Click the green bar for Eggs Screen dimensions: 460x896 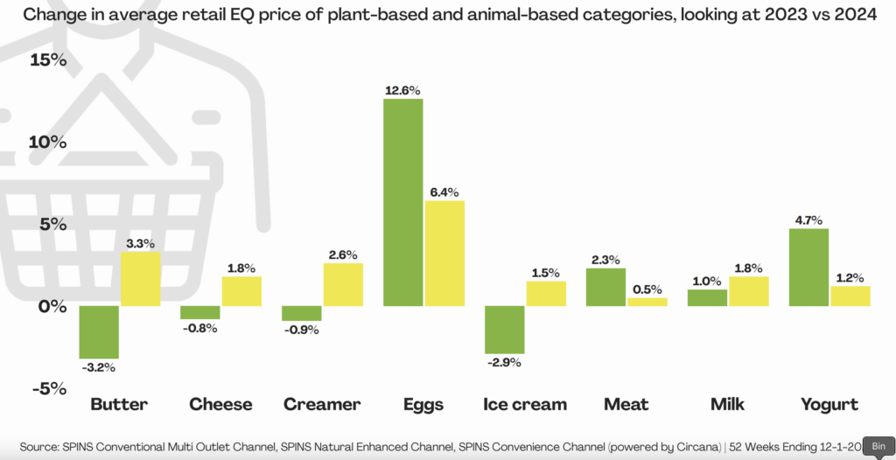point(402,202)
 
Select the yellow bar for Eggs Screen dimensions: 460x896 point(444,253)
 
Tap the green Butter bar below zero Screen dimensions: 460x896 point(100,331)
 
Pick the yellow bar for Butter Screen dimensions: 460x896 point(140,278)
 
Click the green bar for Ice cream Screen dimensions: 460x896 point(504,328)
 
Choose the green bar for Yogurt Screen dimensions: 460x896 point(809,267)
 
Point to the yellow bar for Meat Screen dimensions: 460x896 point(647,302)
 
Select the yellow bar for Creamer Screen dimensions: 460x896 point(343,284)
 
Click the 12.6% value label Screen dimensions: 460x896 point(402,90)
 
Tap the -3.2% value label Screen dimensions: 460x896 point(100,367)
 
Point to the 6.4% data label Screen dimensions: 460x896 point(444,192)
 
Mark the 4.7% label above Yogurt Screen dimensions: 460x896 point(808,220)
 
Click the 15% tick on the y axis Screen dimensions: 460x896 point(48,60)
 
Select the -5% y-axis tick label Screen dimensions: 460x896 point(48,388)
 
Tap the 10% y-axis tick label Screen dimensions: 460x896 point(48,143)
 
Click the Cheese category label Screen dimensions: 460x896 point(220,404)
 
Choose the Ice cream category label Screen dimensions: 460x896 point(525,404)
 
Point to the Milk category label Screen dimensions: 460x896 point(727,404)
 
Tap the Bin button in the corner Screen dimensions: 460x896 point(878,445)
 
